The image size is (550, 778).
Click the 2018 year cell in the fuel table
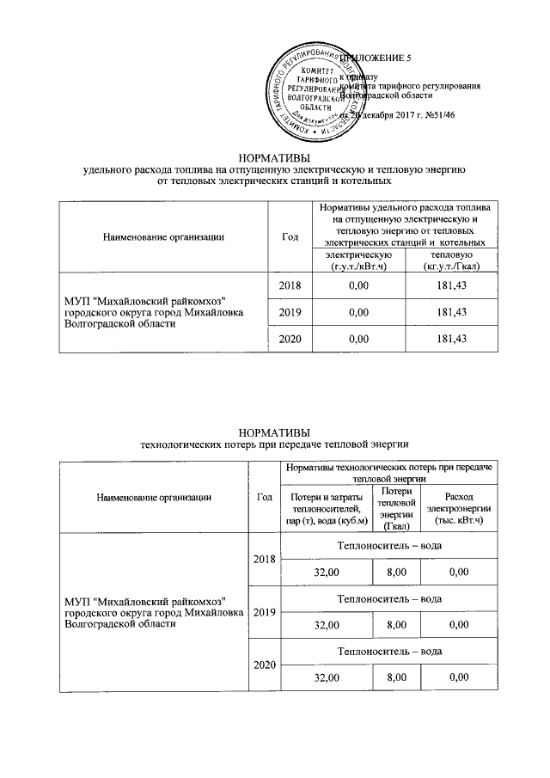[290, 285]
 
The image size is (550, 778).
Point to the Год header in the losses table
[264, 496]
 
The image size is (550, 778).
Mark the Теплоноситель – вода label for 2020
[389, 652]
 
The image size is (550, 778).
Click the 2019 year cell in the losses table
[264, 612]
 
